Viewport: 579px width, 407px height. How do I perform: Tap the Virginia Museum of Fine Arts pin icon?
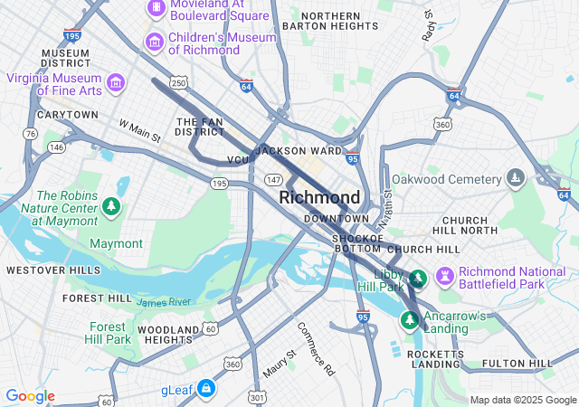116,84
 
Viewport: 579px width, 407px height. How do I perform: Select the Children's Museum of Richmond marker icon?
155,43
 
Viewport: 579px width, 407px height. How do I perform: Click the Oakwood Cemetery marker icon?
516,177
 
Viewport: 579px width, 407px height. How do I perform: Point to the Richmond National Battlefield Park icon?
444,273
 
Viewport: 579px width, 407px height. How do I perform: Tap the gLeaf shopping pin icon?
206,388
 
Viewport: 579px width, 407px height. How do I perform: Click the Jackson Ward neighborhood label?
299,150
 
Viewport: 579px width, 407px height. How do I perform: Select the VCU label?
238,160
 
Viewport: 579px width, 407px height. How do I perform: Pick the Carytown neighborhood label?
68,115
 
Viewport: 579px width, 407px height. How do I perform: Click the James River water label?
165,301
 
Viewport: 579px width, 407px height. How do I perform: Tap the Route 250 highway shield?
180,83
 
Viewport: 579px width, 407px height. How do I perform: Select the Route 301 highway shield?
259,396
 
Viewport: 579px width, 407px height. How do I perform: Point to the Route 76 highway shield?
31,134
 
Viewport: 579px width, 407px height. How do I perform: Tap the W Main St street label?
139,130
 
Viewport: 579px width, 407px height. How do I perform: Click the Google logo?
31,396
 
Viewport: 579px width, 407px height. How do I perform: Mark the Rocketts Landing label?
435,358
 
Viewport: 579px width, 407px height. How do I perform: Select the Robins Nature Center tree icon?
111,208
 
